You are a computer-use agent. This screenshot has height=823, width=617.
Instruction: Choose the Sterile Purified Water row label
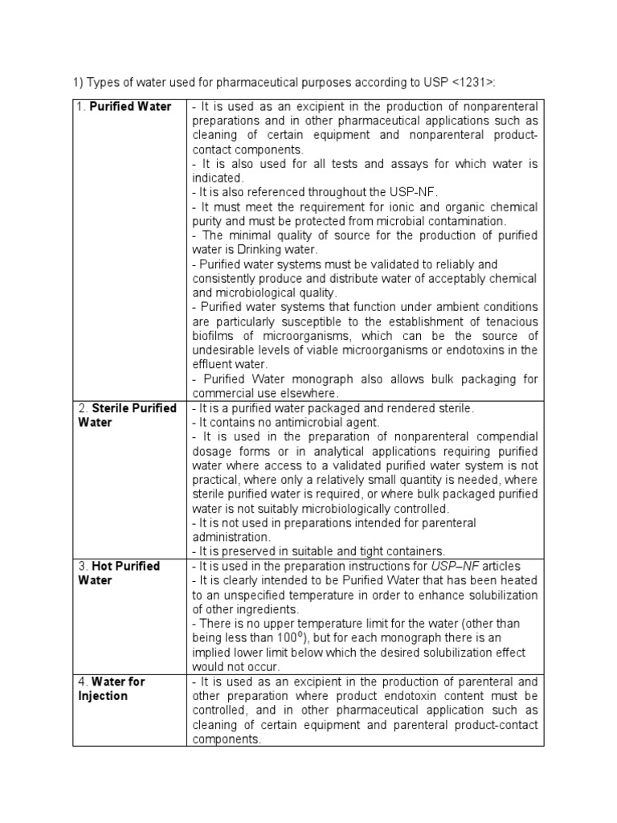click(x=128, y=415)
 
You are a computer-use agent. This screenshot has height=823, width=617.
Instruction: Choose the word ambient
click(x=456, y=308)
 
